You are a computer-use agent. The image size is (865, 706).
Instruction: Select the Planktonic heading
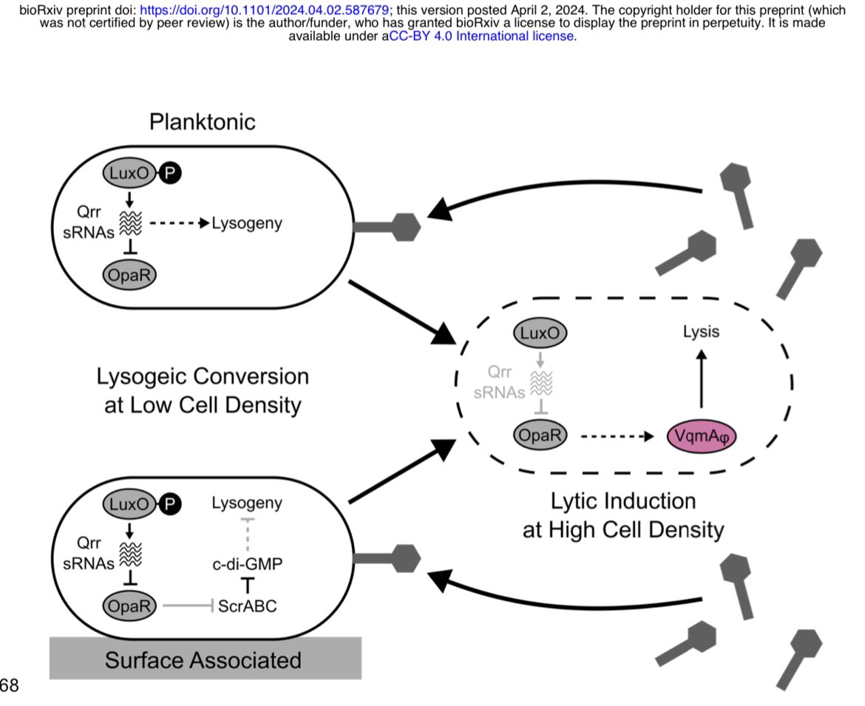[x=203, y=121]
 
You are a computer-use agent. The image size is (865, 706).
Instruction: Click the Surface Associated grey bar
[x=205, y=659]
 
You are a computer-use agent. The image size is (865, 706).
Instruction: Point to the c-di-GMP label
[x=248, y=564]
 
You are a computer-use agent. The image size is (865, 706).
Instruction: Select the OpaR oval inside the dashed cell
[x=540, y=435]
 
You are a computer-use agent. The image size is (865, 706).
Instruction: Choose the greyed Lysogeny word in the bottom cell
[x=247, y=503]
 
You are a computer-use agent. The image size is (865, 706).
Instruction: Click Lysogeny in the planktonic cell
[x=247, y=223]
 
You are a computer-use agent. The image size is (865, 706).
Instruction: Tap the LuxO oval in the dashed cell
[x=540, y=335]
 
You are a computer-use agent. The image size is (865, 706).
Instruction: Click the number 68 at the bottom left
[x=9, y=686]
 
